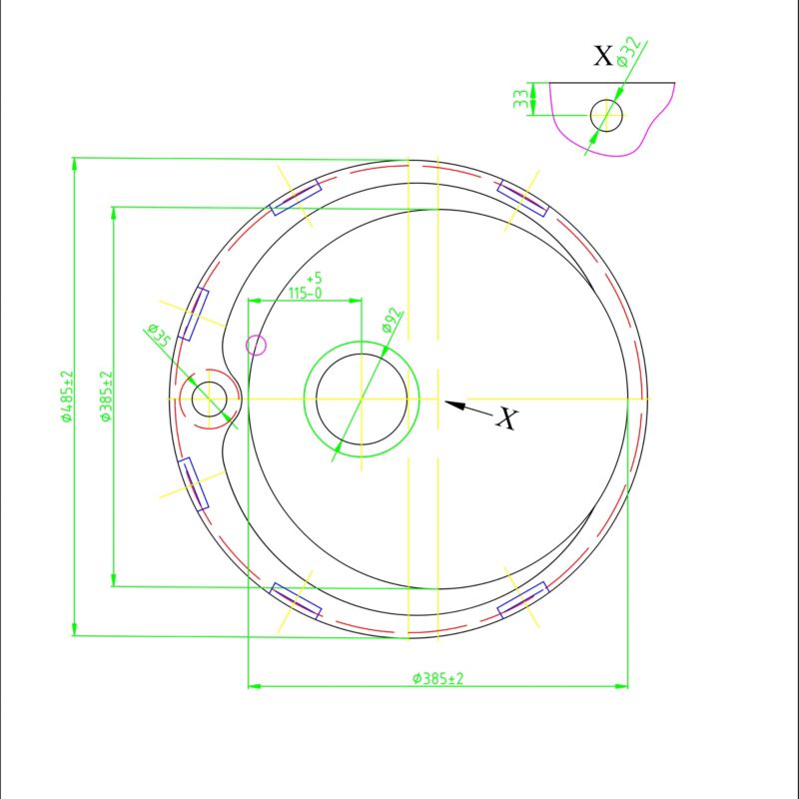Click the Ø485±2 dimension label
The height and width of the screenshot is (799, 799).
pyautogui.click(x=67, y=397)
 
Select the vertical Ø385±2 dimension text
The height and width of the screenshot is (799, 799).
pyautogui.click(x=106, y=396)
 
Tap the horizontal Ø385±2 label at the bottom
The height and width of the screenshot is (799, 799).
pyautogui.click(x=438, y=679)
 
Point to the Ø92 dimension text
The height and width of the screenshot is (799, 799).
pyautogui.click(x=393, y=320)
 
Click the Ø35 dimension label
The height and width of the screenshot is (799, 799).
pyautogui.click(x=158, y=335)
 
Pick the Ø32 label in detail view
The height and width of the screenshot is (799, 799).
pyautogui.click(x=628, y=52)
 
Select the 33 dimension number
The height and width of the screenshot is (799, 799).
pyautogui.click(x=520, y=99)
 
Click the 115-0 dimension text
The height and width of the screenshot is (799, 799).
pyautogui.click(x=306, y=294)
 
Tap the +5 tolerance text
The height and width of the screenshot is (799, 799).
pyautogui.click(x=315, y=279)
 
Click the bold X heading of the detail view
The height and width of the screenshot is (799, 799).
pyautogui.click(x=603, y=55)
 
